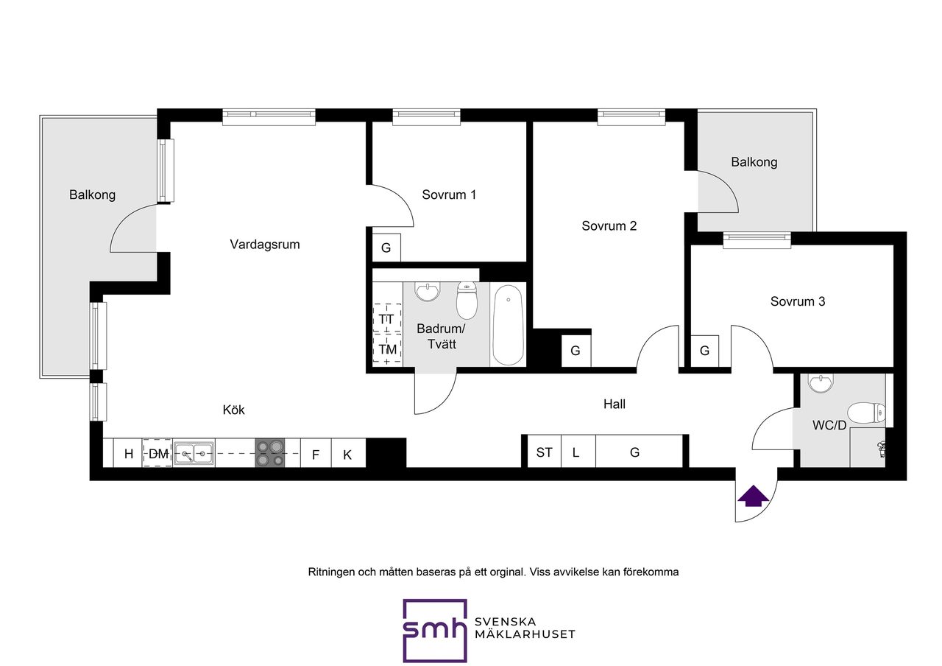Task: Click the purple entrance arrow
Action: tap(753, 496)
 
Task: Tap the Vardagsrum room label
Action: tap(264, 244)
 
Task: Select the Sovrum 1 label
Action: tap(449, 194)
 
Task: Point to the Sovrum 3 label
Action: tap(797, 301)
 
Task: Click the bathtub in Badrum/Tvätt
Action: tap(508, 325)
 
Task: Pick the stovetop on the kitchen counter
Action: tap(269, 453)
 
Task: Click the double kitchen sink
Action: tap(194, 453)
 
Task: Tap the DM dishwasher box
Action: tap(157, 453)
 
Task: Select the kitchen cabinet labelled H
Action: tap(129, 453)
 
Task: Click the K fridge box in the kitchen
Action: tap(348, 453)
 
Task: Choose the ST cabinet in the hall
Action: tap(544, 452)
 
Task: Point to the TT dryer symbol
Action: tap(387, 319)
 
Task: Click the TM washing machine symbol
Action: tap(387, 349)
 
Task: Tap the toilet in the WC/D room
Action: tap(866, 413)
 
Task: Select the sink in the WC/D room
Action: tap(821, 383)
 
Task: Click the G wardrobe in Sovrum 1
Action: tap(386, 248)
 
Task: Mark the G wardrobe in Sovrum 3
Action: tap(705, 351)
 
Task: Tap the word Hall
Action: tap(615, 404)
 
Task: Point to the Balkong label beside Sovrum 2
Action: tap(754, 162)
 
